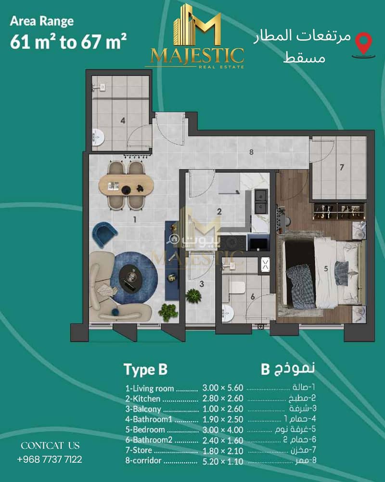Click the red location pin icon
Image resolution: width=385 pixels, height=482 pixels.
(363, 44)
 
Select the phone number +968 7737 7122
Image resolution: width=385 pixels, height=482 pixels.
(50, 459)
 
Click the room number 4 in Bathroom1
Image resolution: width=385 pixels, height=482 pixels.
(123, 120)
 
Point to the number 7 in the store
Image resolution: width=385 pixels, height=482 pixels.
(342, 168)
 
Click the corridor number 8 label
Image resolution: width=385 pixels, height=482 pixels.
(251, 152)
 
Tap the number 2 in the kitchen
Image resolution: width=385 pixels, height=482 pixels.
(219, 212)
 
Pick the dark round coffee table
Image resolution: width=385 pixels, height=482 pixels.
(131, 277)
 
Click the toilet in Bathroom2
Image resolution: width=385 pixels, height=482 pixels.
(237, 288)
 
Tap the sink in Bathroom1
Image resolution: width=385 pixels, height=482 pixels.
(98, 137)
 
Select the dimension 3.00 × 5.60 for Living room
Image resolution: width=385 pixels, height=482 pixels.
(223, 388)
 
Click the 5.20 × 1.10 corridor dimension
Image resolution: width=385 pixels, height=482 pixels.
(223, 461)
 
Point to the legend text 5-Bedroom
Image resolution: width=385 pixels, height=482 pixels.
(145, 429)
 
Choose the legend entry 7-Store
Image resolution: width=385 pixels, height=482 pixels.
(139, 450)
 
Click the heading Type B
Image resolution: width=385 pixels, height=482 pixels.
(145, 369)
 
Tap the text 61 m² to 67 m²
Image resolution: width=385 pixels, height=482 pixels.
(68, 41)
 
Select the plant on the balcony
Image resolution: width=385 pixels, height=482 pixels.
(194, 296)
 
